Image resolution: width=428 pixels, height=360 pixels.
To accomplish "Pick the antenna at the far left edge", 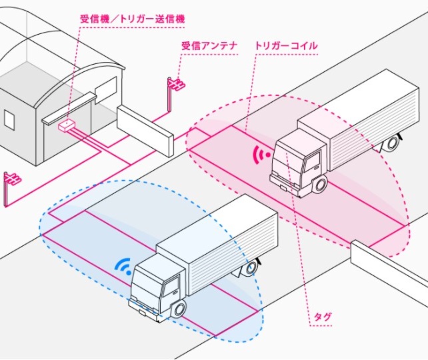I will (x=11, y=181).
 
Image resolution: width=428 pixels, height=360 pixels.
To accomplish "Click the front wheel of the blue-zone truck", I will (x=179, y=309).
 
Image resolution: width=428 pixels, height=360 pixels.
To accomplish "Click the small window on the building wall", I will (x=9, y=119).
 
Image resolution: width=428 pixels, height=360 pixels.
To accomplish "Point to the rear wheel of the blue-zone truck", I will (x=251, y=269).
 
